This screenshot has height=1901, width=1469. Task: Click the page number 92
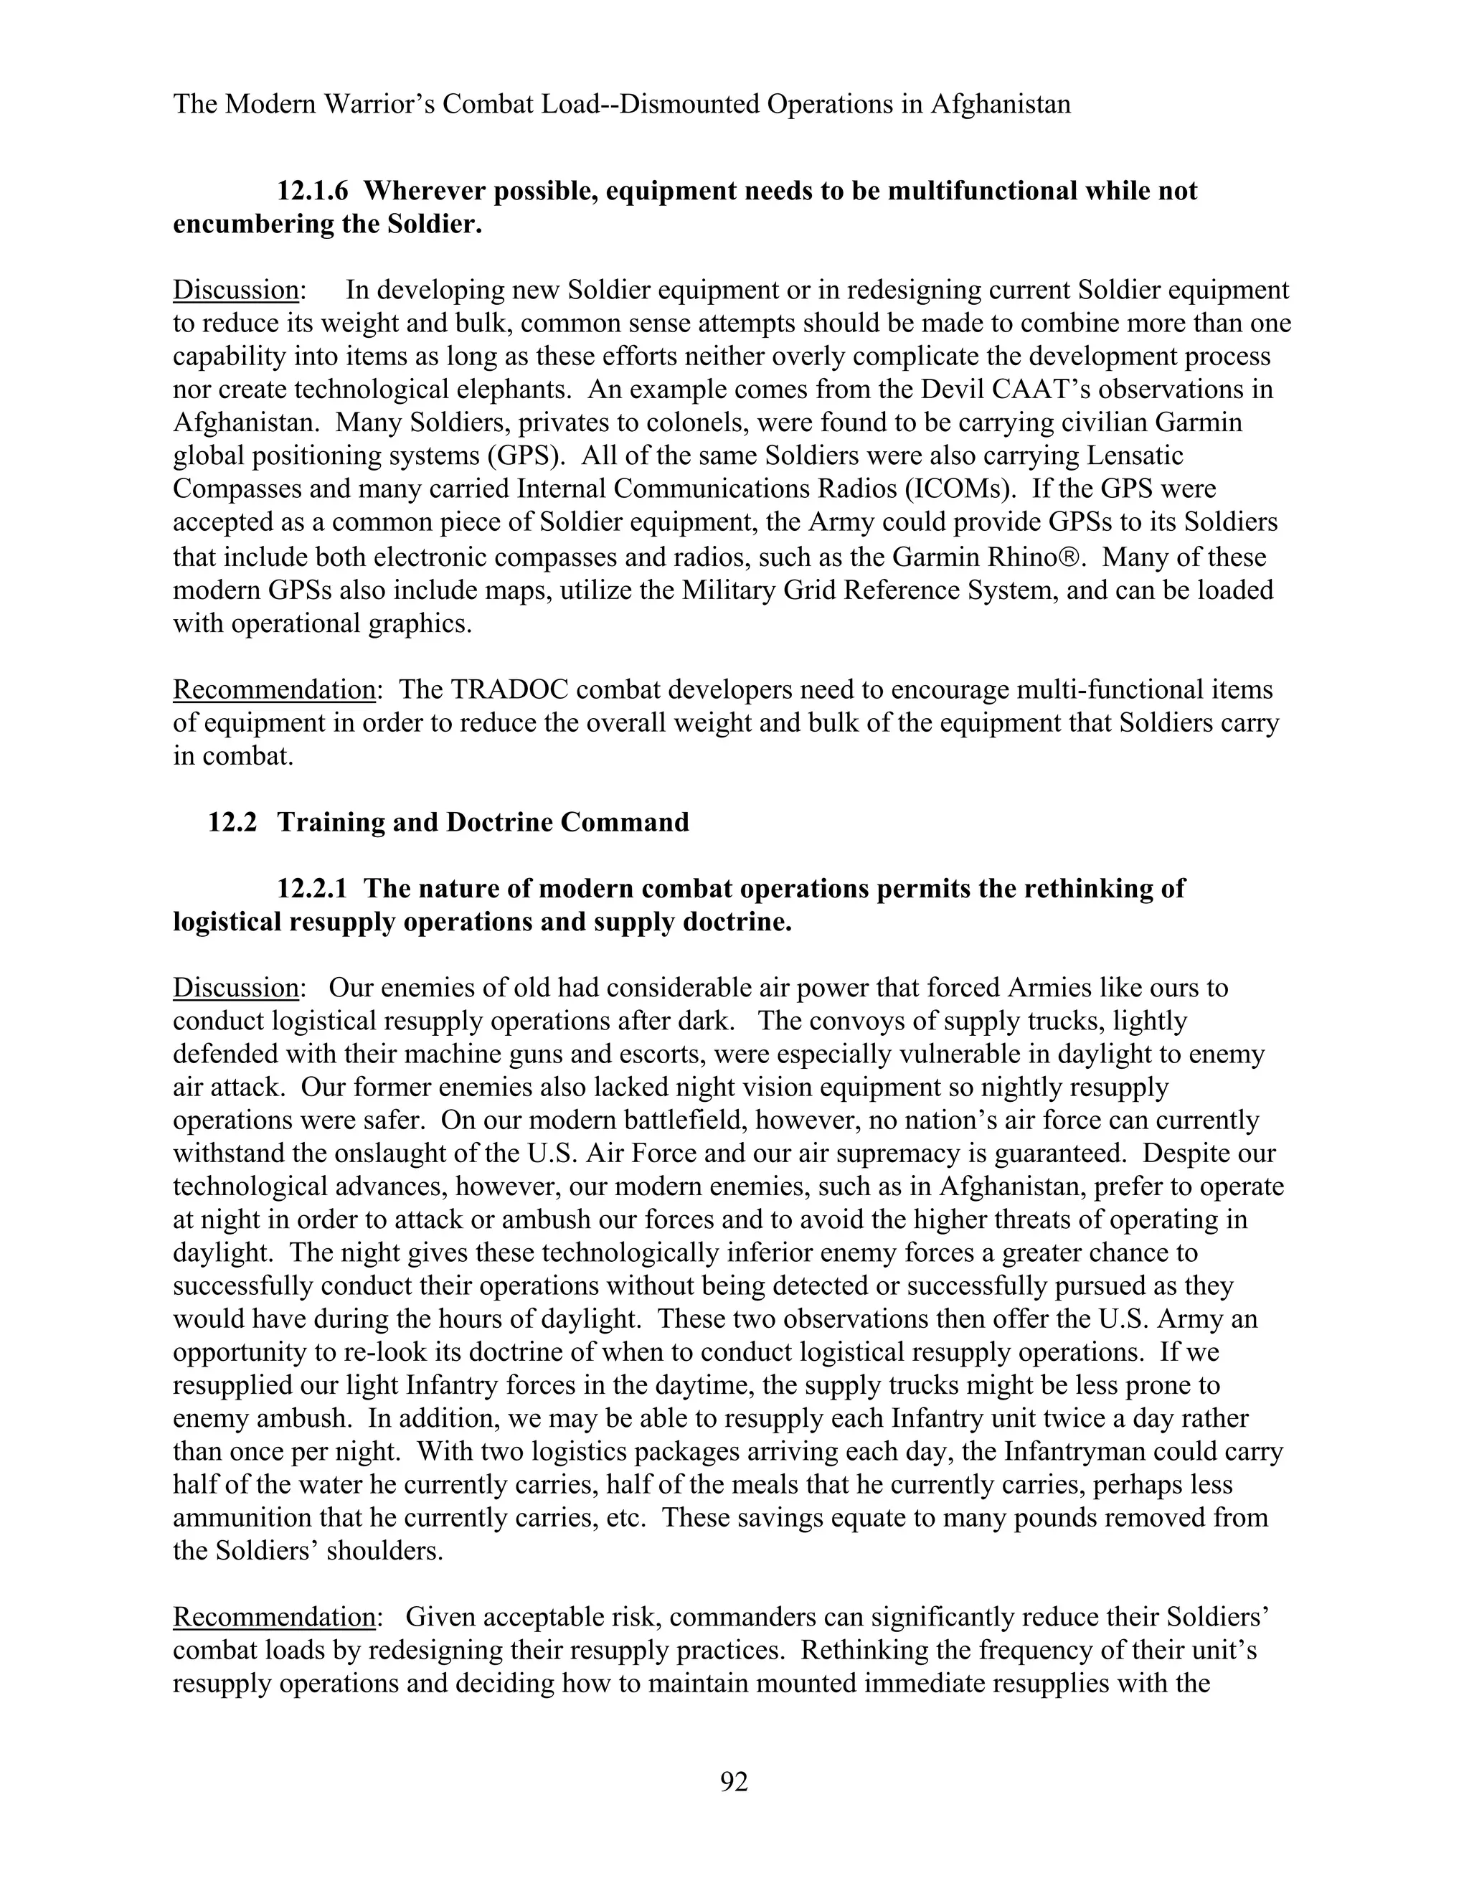point(734,1783)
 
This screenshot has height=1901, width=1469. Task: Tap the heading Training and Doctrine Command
point(483,823)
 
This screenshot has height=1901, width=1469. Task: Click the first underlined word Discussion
point(236,290)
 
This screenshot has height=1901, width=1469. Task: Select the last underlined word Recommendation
point(274,1617)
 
